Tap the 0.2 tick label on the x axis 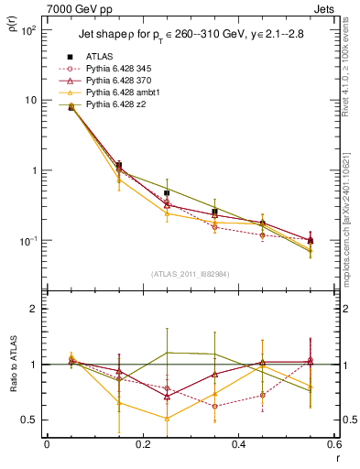click(142, 446)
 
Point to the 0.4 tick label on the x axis click(237, 446)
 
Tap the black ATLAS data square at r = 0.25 click(167, 193)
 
